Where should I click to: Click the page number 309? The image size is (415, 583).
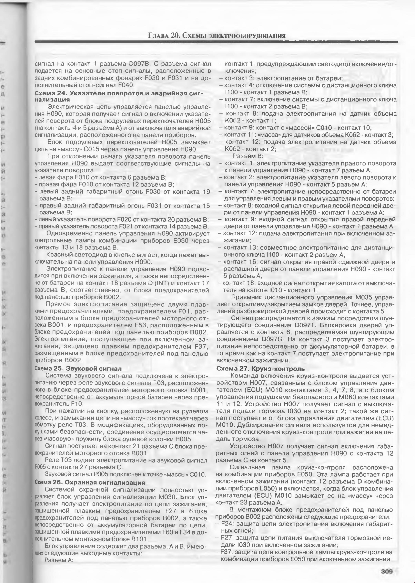(x=386, y=571)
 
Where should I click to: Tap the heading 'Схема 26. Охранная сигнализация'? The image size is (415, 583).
(x=90, y=482)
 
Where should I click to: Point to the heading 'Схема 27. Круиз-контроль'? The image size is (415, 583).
(x=261, y=369)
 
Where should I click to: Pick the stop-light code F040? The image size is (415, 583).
(x=127, y=85)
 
